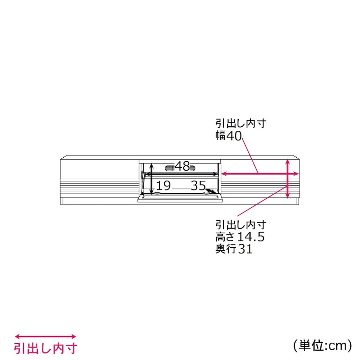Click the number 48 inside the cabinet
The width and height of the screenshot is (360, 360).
183,166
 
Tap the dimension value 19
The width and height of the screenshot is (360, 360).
163,185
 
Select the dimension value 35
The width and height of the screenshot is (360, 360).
198,185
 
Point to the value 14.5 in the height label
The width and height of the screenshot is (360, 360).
251,237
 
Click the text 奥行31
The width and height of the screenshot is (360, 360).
234,249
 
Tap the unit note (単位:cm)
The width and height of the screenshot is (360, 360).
322,345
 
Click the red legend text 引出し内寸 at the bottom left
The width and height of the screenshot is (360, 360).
46,348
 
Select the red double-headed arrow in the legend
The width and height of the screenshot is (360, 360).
45,337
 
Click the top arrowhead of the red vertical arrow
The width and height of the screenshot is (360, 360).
287,162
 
